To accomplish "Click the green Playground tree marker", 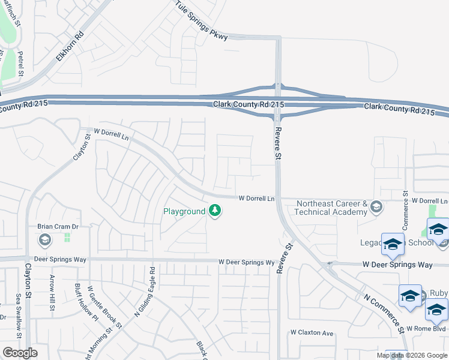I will click(x=215, y=211).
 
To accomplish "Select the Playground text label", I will click(x=184, y=212).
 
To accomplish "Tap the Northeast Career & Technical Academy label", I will click(x=331, y=208).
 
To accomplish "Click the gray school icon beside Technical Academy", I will click(x=376, y=208).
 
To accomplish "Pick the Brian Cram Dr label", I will click(x=58, y=226).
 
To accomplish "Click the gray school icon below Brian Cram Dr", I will click(x=44, y=241).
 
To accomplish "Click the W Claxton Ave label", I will click(x=311, y=332).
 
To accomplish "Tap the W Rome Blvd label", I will click(x=427, y=329).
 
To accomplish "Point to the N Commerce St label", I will click(x=384, y=311).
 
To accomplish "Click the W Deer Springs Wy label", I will click(x=246, y=262).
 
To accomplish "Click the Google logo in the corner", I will click(x=20, y=353).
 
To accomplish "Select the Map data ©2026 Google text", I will click(x=412, y=355).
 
